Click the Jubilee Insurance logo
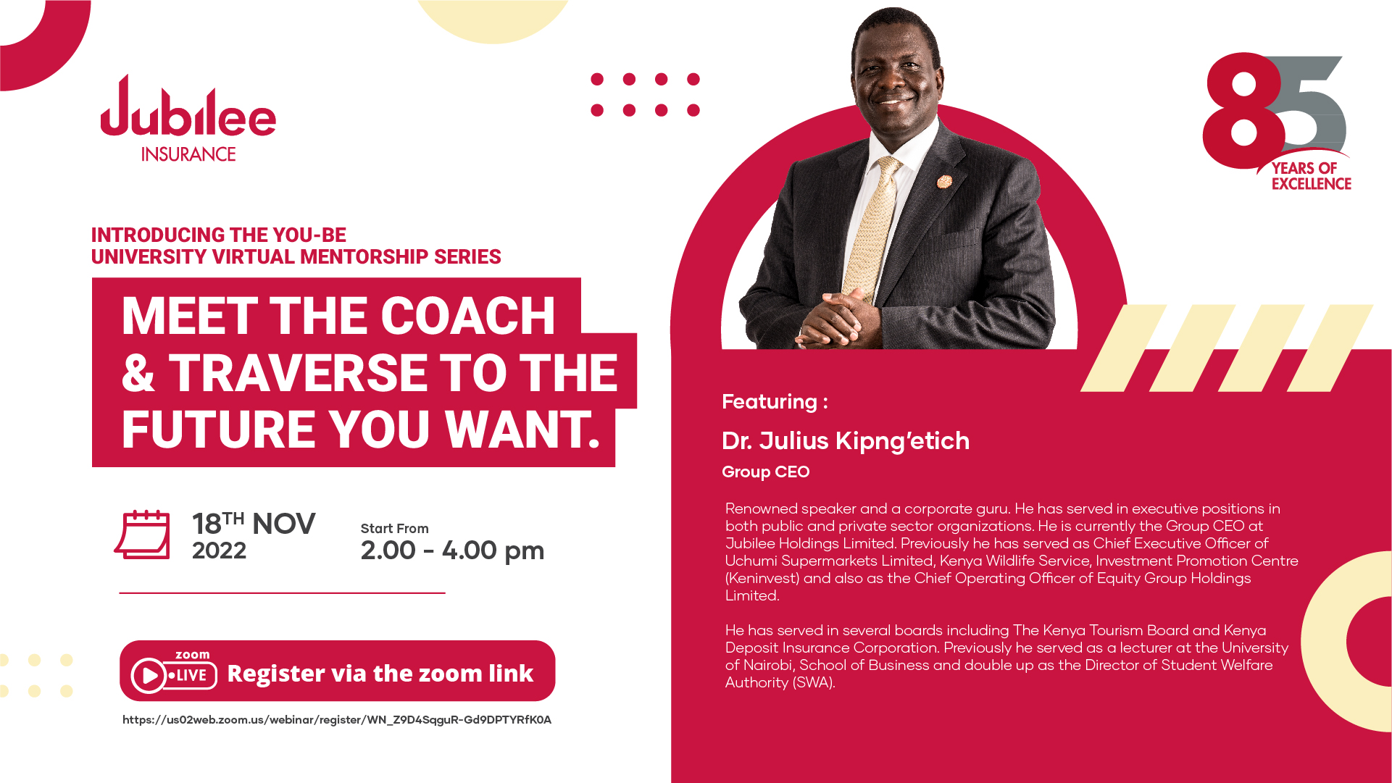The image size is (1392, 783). [188, 119]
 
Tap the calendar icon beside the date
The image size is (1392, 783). [143, 535]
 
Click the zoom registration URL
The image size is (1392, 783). [337, 720]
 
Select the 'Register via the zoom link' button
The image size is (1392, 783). [338, 671]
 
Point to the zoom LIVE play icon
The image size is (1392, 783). [149, 676]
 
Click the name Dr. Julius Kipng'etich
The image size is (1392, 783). [846, 440]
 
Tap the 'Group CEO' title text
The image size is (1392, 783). [766, 472]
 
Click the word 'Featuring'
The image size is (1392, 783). [770, 401]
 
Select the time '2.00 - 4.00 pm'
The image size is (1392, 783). [452, 550]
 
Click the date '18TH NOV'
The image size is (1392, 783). [254, 523]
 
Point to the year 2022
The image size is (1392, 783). [219, 550]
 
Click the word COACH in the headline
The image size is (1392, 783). [468, 316]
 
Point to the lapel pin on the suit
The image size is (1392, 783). [944, 181]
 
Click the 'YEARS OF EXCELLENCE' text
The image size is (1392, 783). [1312, 176]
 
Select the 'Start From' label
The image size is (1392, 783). [395, 529]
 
